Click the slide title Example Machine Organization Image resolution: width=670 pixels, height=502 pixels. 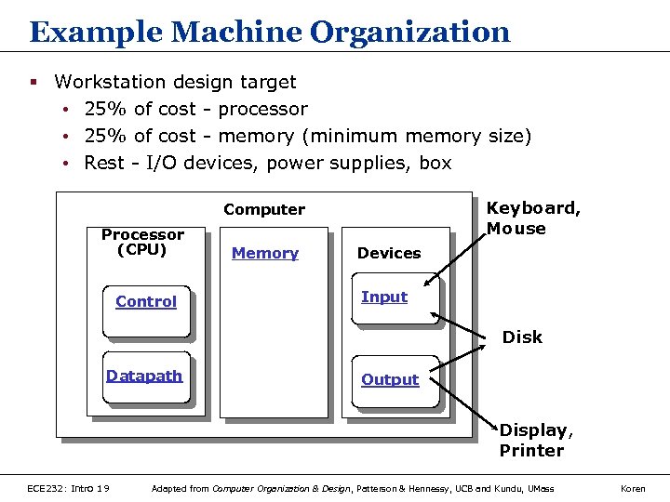pos(270,33)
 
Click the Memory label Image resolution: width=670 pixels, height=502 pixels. pos(265,254)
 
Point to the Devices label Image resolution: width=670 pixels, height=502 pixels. pos(389,254)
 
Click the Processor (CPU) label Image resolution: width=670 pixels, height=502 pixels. pos(142,242)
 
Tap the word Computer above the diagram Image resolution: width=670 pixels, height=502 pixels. pos(264,210)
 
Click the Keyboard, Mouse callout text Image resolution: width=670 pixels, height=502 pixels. pos(533,218)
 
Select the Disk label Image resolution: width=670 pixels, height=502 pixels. pos(522,337)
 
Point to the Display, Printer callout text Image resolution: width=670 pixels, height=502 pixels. pos(536,441)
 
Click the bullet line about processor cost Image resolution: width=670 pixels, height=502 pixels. pos(195,110)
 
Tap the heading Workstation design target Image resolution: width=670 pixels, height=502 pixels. pos(175,82)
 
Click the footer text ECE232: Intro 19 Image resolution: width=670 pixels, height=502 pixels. pos(69,488)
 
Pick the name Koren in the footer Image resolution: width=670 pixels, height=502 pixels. pos(634,488)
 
